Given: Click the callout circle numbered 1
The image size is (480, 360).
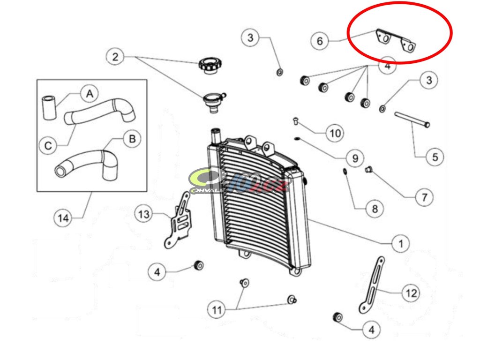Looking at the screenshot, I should pos(400,243).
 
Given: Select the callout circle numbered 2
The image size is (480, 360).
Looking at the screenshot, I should pos(115,57).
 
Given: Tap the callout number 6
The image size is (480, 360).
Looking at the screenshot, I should pos(320,41).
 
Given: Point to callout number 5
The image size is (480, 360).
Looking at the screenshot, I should pos(435,157).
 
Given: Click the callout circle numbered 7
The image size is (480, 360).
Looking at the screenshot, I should pos(424,197).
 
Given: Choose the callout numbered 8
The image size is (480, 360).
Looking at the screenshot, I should pos(374,209).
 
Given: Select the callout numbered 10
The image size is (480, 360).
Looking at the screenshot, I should pos(335,133).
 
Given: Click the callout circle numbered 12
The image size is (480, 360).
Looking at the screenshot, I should pos(411,293).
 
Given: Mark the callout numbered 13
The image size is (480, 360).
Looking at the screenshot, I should pos(144,214).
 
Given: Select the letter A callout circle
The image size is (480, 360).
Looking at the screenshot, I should pos(89,94).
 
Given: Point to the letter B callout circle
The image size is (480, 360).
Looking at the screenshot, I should pos(132,138).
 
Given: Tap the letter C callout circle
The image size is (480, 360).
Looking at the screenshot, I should pos(48,146).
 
